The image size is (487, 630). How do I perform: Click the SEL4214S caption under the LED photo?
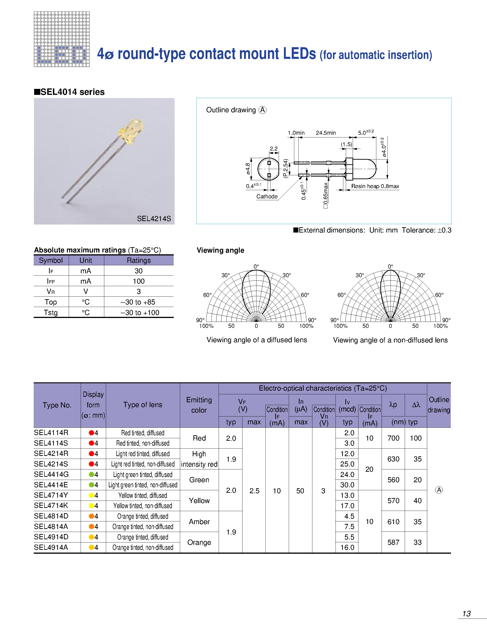pyautogui.click(x=154, y=219)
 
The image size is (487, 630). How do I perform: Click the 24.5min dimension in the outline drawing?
pyautogui.click(x=325, y=133)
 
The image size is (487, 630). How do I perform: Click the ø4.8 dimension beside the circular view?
pyautogui.click(x=248, y=169)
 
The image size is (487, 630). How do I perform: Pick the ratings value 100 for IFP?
pyautogui.click(x=138, y=281)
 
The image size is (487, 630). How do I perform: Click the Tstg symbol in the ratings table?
pyautogui.click(x=51, y=313)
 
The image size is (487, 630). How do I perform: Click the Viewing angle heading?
pyautogui.click(x=220, y=250)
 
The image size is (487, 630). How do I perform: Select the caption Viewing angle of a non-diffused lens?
pyautogui.click(x=390, y=340)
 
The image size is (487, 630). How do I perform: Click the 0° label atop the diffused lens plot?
pyautogui.click(x=256, y=266)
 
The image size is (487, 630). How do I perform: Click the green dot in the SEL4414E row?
pyautogui.click(x=91, y=485)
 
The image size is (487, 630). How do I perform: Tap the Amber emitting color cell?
pyautogui.click(x=199, y=522)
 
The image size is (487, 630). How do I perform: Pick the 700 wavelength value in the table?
pyautogui.click(x=393, y=438)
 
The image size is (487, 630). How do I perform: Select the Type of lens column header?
pyautogui.click(x=143, y=405)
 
